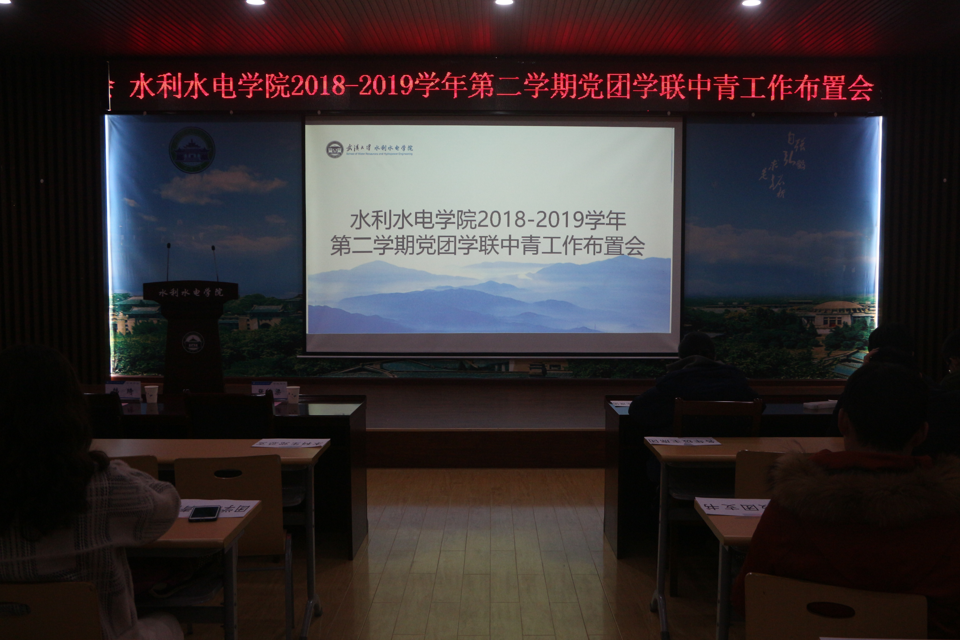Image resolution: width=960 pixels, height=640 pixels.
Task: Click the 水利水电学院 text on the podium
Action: point(191,292)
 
